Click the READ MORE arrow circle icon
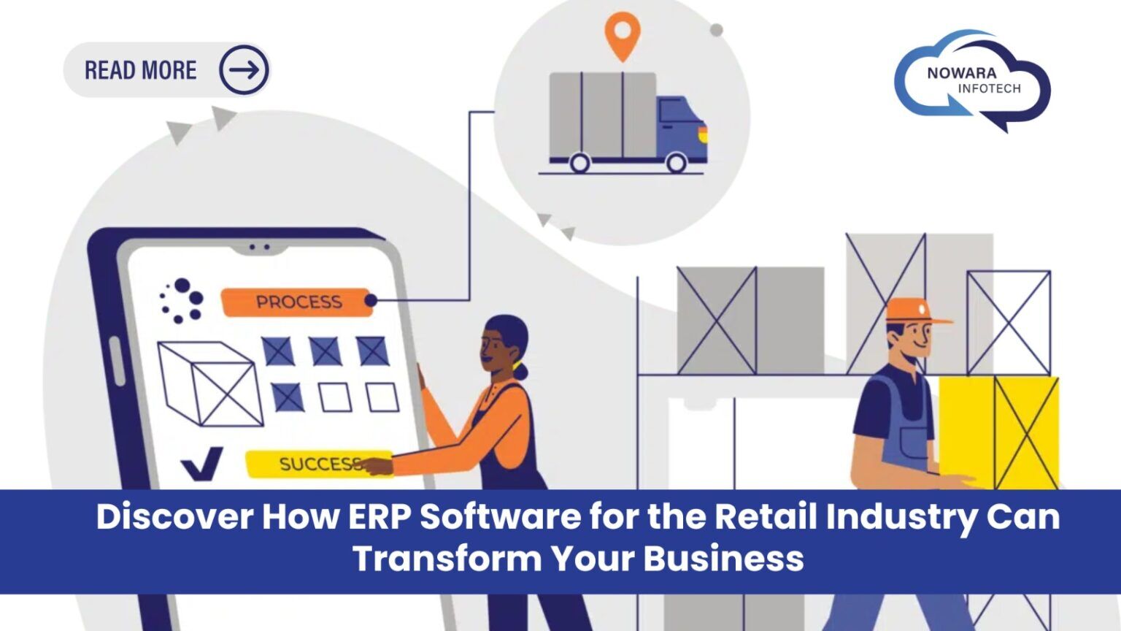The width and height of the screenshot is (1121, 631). coord(244,70)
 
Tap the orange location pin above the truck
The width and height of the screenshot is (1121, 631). coord(622,33)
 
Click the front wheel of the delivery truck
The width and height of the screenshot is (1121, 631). coord(676,162)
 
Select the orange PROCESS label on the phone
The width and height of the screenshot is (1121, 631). coord(297,302)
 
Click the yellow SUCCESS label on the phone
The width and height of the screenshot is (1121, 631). coord(318,464)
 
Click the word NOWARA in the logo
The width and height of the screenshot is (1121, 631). coord(961,73)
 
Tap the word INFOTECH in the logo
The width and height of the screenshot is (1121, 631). coord(989,88)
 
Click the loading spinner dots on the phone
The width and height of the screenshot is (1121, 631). coord(181,300)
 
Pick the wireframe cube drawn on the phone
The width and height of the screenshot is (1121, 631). coord(210,384)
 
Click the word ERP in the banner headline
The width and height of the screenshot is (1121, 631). coord(380,516)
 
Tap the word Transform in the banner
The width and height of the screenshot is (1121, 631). coord(447,559)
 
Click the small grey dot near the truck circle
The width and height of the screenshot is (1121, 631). coord(717,30)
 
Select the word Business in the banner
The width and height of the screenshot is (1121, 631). coord(723,559)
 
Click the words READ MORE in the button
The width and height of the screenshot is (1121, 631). coord(140,70)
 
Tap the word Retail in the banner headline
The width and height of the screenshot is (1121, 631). coord(766,516)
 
